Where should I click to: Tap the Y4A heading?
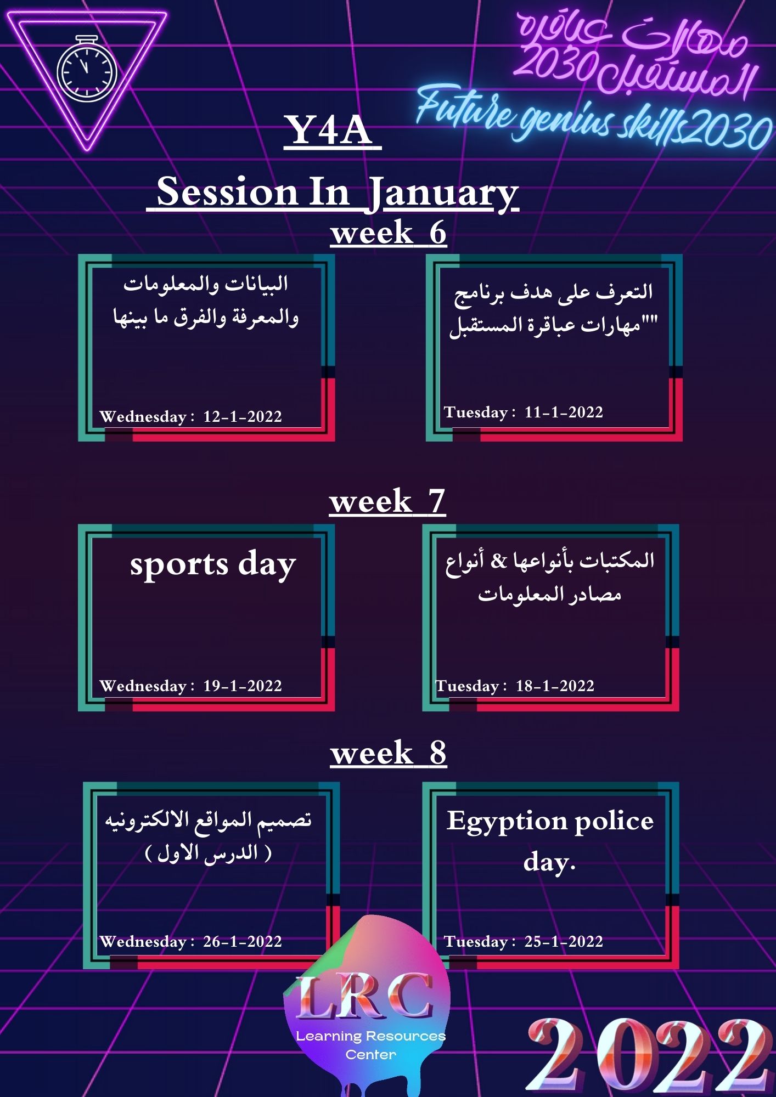coord(332,131)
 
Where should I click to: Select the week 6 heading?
coord(389,233)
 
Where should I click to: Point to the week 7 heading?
coord(387,501)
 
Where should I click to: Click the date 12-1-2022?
coord(243,417)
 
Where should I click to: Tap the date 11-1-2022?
coord(564,412)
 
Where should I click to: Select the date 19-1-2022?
coord(243,686)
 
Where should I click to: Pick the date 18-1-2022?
coord(555,686)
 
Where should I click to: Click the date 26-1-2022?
coord(243,942)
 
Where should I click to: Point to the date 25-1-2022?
coord(564,942)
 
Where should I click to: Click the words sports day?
coord(213,564)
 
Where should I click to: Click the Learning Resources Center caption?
coord(371,1045)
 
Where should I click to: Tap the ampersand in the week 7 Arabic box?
coord(499,561)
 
